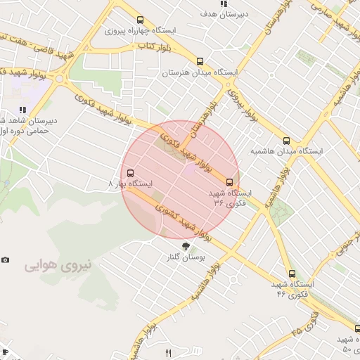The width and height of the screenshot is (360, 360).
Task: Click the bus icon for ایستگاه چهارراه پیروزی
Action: click(141, 20)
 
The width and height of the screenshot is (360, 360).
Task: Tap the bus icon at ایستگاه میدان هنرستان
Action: click(200, 61)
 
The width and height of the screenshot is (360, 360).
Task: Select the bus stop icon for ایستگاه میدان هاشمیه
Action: click(286, 140)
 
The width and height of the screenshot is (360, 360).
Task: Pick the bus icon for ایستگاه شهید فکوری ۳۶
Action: click(229, 182)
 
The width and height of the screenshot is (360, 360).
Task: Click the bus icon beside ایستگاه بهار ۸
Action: click(130, 173)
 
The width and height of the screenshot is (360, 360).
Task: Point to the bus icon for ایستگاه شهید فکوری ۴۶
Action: click(292, 274)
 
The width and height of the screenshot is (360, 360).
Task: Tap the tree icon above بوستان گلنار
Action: click(186, 246)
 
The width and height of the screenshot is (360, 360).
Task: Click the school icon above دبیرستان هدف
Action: click(224, 4)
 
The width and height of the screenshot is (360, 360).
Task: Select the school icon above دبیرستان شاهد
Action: click(23, 110)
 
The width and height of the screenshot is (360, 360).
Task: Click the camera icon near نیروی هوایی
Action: click(6, 259)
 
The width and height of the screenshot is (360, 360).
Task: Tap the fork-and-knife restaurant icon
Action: click(167, 353)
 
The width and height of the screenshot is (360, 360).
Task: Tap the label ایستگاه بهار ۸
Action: click(131, 184)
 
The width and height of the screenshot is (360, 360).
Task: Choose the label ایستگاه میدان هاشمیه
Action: click(286, 150)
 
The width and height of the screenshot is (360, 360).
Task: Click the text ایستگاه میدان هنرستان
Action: click(200, 72)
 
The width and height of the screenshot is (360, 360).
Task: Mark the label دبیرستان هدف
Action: click(223, 14)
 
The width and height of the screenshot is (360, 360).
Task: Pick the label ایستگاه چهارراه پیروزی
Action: click(140, 31)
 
